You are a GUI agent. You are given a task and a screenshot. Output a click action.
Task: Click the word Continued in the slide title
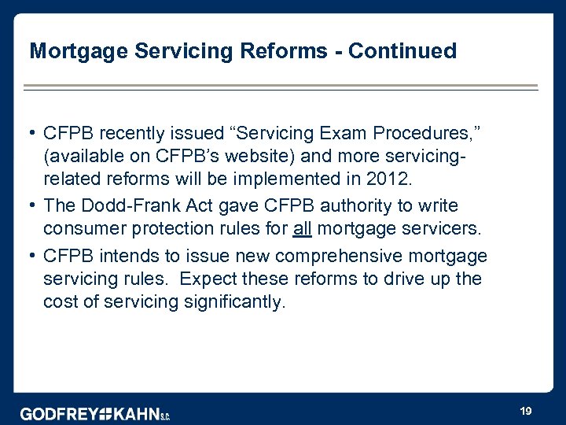[x=402, y=51]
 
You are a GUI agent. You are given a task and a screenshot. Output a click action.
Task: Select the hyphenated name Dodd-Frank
[x=129, y=205]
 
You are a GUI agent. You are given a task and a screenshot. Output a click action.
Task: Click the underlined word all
[x=303, y=228]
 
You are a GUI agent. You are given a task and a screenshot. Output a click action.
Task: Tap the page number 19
[x=526, y=411]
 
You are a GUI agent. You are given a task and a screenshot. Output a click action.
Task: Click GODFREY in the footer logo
[x=59, y=414]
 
